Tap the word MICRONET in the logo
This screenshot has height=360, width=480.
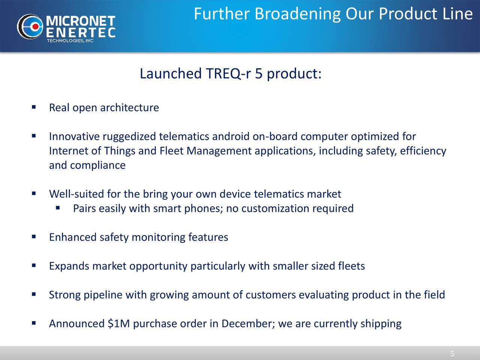[x=81, y=21]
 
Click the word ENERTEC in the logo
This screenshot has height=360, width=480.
[x=81, y=33]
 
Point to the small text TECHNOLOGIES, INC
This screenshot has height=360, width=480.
[x=70, y=40]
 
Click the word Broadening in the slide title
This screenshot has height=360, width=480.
[x=298, y=14]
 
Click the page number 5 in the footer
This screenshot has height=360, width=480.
[x=452, y=354]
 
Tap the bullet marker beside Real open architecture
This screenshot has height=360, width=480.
[x=34, y=107]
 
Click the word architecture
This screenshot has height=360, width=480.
[x=129, y=108]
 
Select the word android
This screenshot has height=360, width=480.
[x=231, y=136]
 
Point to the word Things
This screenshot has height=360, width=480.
[x=119, y=151]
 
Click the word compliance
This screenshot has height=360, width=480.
[x=98, y=165]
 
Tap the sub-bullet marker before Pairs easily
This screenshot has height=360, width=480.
[x=58, y=208]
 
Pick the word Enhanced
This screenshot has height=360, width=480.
[x=73, y=237]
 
